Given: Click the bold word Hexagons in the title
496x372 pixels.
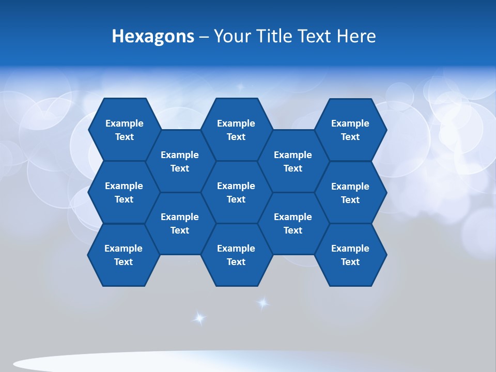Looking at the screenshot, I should (153, 36).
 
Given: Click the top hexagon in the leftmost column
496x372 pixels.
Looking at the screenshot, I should (124, 130).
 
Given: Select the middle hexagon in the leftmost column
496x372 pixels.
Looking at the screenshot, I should (124, 192).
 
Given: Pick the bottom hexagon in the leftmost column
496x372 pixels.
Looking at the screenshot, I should (123, 255).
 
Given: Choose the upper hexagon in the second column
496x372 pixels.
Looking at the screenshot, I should (180, 161).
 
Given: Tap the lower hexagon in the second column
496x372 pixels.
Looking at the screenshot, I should (180, 223).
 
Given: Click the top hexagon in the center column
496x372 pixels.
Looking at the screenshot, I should (236, 130).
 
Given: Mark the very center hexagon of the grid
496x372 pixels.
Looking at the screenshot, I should (236, 192).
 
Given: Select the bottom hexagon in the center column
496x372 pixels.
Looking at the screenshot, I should (236, 255).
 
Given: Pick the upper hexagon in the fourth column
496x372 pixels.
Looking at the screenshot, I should (293, 161).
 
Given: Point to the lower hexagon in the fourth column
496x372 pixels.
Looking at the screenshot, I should (293, 223).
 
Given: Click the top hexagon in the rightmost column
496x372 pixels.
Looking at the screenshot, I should (350, 130).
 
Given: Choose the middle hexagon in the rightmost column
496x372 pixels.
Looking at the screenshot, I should (350, 193).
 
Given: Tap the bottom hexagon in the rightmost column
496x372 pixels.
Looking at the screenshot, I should (350, 255).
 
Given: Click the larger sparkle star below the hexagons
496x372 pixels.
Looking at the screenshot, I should (199, 318).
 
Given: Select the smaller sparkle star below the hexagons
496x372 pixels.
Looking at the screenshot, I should (263, 303).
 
